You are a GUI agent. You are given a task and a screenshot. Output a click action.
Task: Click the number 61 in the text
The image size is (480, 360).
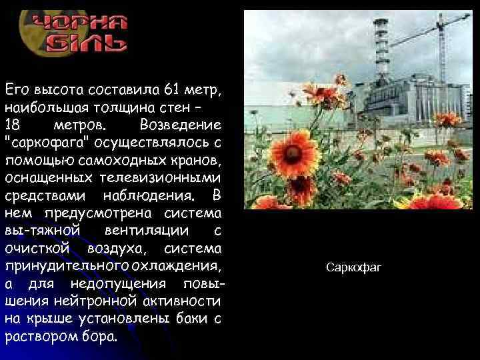click(153, 89)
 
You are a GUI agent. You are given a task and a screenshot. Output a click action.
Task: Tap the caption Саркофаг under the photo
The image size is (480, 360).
click(353, 268)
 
